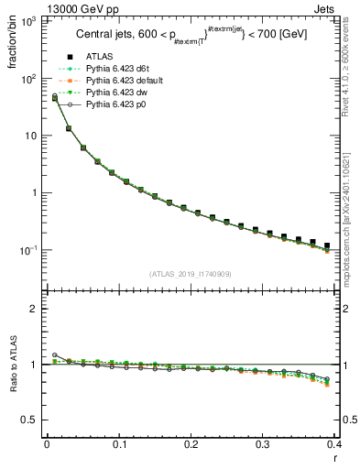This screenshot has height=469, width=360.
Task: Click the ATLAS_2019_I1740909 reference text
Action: tap(191, 273)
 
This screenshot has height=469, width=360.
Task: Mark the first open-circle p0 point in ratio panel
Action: tap(55, 354)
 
